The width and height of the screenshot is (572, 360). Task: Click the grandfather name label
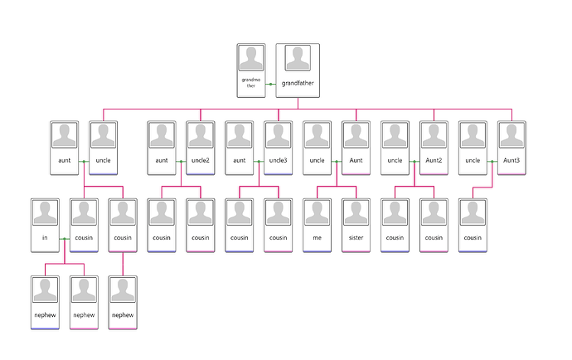point(298,83)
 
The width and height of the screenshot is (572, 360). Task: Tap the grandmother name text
point(251,82)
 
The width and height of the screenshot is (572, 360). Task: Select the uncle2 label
point(201,160)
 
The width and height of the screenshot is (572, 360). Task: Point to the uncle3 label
point(278,160)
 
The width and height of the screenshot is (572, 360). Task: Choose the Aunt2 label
point(434,160)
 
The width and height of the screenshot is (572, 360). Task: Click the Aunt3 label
point(511,160)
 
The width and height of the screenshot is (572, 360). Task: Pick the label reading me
point(317,238)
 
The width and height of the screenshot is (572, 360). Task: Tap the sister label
point(356,238)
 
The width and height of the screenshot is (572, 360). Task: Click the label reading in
point(45,238)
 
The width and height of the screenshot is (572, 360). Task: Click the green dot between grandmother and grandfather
point(271,85)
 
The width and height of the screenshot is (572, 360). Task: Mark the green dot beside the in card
point(65,239)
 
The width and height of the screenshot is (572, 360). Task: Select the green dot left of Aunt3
point(492,162)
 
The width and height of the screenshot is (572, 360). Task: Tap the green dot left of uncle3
point(259,162)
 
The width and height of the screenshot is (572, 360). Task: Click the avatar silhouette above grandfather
point(298,58)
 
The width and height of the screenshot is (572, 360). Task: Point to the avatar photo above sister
point(356,212)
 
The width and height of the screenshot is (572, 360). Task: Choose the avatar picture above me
point(317,212)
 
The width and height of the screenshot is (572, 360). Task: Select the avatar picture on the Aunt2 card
point(434,135)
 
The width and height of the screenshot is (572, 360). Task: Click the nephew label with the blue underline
point(45,315)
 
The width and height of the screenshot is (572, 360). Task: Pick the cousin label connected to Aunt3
point(473,238)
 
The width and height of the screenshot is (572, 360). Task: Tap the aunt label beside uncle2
point(162,160)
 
